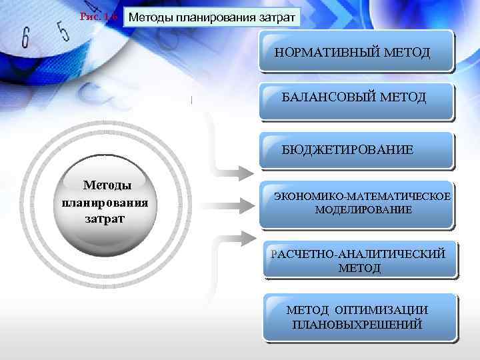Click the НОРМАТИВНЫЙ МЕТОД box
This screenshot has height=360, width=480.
pyautogui.click(x=356, y=51)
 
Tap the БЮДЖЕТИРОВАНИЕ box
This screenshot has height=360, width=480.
pyautogui.click(x=356, y=150)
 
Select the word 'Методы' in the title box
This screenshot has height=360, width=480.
pyautogui.click(x=150, y=17)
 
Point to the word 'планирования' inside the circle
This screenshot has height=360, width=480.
pyautogui.click(x=105, y=202)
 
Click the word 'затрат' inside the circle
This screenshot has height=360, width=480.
pyautogui.click(x=105, y=218)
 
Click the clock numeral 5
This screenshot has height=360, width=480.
pyautogui.click(x=63, y=29)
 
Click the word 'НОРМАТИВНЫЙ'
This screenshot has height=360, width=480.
pyautogui.click(x=331, y=51)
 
